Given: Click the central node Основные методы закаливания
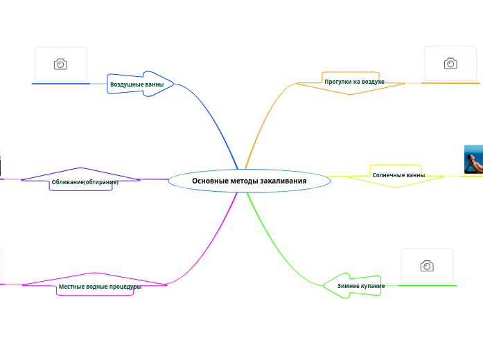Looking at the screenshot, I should click(249, 181).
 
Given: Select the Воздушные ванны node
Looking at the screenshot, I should click(137, 84).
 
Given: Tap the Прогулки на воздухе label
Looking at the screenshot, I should click(354, 82).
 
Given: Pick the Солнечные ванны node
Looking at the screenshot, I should click(398, 175).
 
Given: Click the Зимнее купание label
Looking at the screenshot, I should click(361, 286).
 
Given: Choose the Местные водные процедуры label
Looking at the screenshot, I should click(100, 287).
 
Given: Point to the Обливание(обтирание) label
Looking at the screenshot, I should click(85, 182).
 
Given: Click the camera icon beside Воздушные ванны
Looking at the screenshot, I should click(60, 64).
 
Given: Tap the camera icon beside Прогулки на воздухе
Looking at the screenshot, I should click(450, 64).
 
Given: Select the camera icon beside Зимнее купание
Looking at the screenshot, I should click(427, 266).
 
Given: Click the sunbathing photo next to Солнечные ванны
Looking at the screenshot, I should click(473, 160).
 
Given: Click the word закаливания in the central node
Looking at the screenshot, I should click(283, 181).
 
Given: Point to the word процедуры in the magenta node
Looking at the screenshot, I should click(125, 287).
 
